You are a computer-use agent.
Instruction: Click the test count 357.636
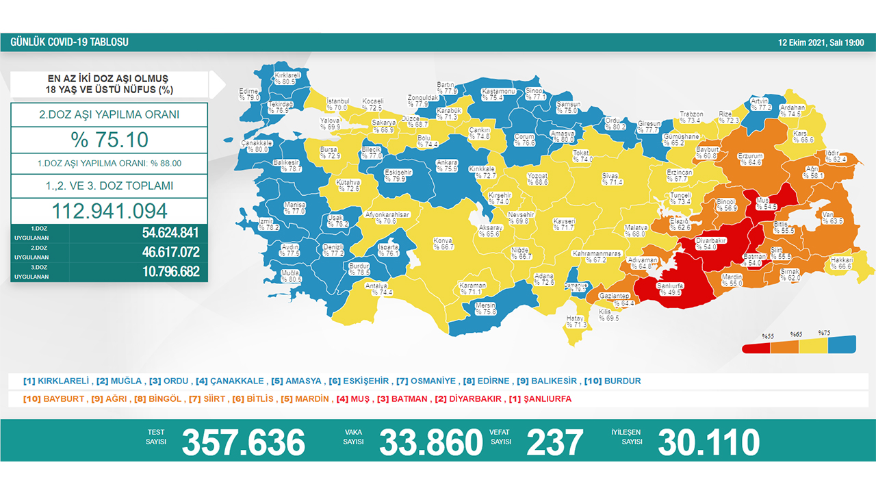point(243,442)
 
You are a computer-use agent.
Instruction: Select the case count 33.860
point(430,442)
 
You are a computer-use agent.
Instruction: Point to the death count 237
point(554,442)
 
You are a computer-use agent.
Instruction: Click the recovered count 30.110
point(708,442)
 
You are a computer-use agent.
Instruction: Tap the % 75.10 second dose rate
point(109,140)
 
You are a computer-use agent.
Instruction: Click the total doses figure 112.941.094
point(109,211)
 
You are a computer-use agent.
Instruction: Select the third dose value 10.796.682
point(170,272)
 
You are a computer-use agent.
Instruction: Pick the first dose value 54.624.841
point(170,232)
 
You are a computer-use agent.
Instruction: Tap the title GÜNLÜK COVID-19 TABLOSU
point(69,42)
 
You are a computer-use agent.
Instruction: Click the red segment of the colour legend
point(756,347)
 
